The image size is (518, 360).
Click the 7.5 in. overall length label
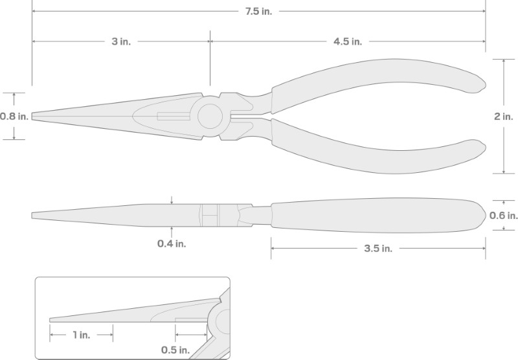point(258,12)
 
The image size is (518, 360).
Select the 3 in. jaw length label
point(121,41)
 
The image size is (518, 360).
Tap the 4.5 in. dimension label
point(348,41)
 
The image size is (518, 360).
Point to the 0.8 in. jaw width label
point(14,117)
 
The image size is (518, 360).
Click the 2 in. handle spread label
point(504,117)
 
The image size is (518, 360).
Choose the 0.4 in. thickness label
point(172,243)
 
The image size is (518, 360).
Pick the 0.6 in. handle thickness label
point(504,216)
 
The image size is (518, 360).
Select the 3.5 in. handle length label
point(378,249)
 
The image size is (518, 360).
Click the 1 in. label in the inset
point(82,335)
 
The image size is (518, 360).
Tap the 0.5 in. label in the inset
point(175,350)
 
